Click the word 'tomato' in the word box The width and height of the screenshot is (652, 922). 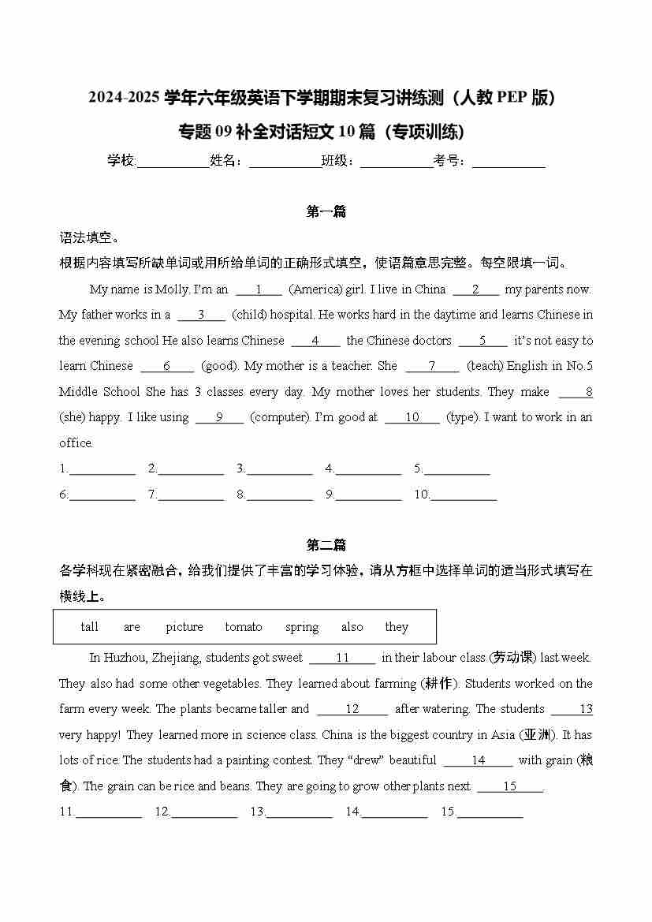click(x=244, y=627)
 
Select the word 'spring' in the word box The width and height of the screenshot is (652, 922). click(x=302, y=627)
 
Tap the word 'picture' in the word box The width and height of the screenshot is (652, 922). click(x=184, y=627)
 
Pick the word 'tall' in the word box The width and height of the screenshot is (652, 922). click(x=90, y=627)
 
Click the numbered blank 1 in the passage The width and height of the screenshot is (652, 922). click(x=259, y=289)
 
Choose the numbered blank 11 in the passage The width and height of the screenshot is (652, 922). click(x=342, y=658)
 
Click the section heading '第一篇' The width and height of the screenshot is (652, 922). click(x=326, y=211)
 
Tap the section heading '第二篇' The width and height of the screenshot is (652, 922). click(x=326, y=545)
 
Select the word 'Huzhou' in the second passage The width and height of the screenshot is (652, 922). click(x=125, y=658)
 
